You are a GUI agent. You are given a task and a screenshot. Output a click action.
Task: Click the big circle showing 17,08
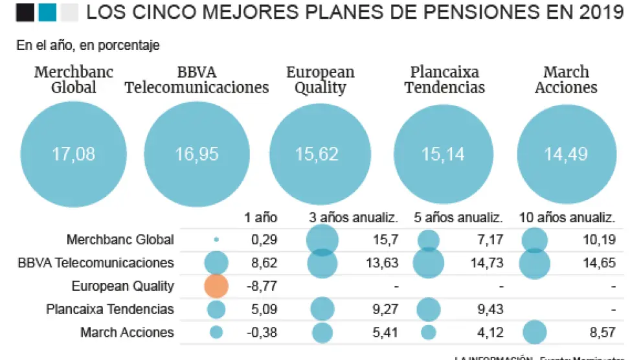(73, 153)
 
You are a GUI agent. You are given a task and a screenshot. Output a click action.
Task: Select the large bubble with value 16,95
(197, 153)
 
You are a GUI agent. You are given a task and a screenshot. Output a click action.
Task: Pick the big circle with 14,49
(567, 153)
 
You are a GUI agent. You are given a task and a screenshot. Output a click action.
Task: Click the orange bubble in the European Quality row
(216, 286)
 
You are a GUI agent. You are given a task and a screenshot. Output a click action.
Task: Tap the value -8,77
(263, 286)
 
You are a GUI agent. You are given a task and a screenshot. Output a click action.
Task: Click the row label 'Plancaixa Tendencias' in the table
(110, 309)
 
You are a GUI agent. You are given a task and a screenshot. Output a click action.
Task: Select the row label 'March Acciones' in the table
(127, 333)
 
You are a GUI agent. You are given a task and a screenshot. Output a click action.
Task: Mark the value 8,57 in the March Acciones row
(601, 333)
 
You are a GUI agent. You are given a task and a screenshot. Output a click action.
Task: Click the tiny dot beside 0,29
(216, 240)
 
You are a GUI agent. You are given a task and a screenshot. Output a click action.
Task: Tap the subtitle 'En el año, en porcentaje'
(88, 45)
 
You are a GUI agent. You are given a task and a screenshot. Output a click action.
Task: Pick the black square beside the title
(25, 12)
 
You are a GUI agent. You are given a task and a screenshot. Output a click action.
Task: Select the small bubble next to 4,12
(428, 333)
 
